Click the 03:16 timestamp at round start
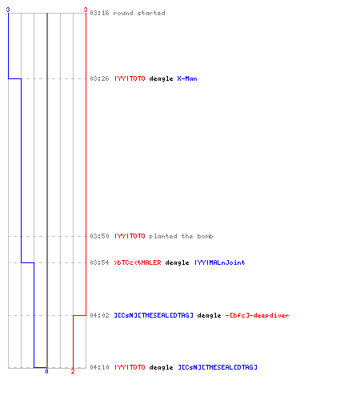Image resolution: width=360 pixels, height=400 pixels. pos(99,13)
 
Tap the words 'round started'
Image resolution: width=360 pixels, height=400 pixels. pos(139,13)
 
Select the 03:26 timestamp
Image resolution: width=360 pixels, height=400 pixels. pos(99,78)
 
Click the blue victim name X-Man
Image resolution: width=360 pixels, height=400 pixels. pos(187,78)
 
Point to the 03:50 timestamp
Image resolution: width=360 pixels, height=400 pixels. pos(99,236)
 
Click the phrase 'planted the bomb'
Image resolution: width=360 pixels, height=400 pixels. pos(181,236)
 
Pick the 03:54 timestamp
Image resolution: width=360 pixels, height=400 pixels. pos(99,262)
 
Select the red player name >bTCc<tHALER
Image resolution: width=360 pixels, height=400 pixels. pos(138,262)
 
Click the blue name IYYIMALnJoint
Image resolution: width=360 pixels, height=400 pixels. pos(219,262)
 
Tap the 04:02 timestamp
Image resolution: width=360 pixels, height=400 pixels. pos(99,315)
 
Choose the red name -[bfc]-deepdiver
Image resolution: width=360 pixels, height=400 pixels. pos(257,315)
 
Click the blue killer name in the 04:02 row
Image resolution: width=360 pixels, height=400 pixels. pos(154,315)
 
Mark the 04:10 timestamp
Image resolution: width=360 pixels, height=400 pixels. pos(99,367)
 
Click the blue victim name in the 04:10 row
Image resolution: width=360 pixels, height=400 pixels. pos(218,367)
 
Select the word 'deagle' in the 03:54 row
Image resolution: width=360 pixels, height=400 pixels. pos(177,262)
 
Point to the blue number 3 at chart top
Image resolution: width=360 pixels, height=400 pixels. pos(8,10)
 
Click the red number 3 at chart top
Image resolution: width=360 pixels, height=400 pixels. pos(86,10)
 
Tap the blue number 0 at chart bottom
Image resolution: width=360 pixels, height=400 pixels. pos(46,371)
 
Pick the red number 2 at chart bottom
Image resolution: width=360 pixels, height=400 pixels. pos(73,371)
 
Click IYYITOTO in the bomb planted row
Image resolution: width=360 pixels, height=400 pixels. pos(130,236)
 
